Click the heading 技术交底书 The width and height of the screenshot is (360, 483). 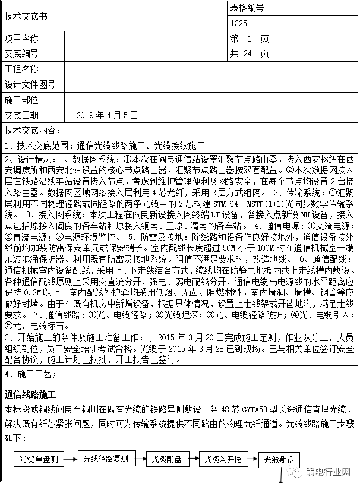pos(24,17)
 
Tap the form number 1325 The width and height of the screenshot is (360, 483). pos(239,24)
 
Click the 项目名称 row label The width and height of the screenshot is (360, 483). pos(21,39)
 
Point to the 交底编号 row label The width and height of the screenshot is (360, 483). pos(21,54)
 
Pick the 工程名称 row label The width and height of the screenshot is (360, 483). pos(21,70)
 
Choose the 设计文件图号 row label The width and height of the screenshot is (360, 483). pos(30,84)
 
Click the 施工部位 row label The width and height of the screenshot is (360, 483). pos(21,100)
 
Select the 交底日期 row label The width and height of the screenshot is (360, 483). pos(21,115)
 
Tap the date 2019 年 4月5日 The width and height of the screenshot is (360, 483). pos(108,115)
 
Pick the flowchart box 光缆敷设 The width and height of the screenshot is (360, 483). pos(279,459)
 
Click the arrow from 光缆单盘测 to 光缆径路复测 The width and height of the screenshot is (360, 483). pos(70,459)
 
